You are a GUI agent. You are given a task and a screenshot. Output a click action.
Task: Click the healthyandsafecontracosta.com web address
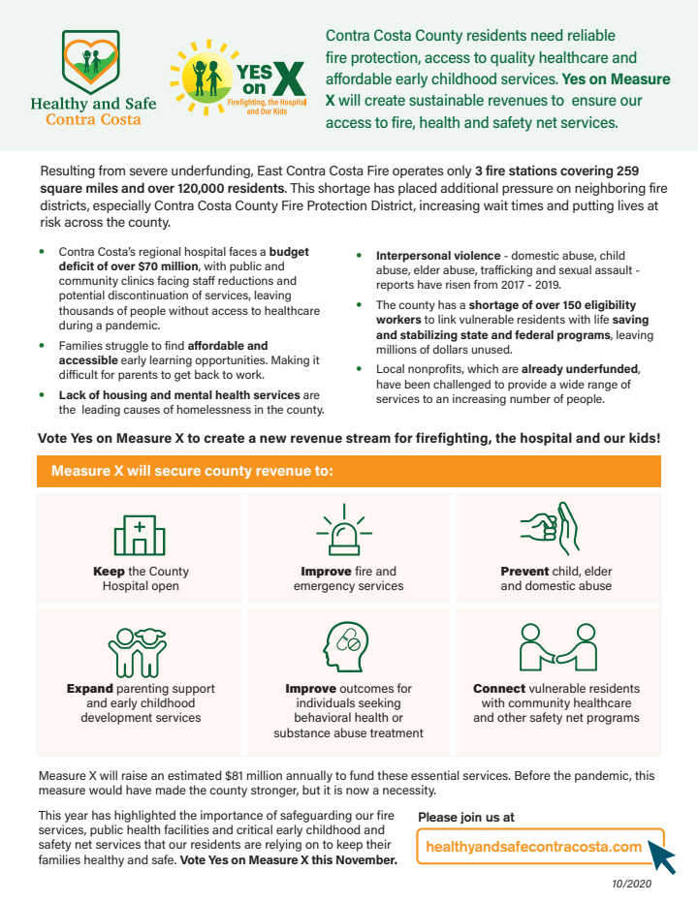tap(534, 847)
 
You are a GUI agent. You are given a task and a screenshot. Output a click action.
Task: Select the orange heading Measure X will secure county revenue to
tap(192, 471)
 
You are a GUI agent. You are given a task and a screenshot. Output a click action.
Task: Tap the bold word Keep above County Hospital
tap(109, 572)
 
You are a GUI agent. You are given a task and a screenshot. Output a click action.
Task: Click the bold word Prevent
tap(523, 572)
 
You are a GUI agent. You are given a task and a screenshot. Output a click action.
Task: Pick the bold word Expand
tap(89, 689)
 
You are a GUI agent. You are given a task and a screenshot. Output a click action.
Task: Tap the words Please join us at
tap(466, 818)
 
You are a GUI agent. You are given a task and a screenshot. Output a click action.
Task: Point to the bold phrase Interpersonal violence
tap(438, 255)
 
